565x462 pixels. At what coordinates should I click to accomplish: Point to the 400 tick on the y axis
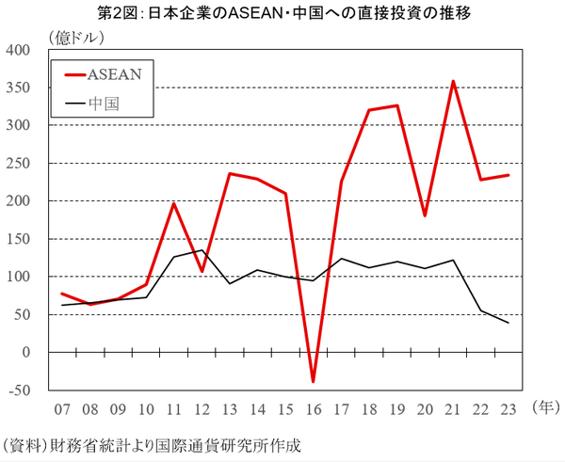point(19,50)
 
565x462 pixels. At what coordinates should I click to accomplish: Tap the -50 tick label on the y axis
point(19,390)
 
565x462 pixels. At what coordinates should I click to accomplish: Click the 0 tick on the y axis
point(26,353)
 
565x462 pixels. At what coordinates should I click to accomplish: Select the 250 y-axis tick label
point(19,164)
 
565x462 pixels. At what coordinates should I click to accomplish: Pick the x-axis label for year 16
point(312,410)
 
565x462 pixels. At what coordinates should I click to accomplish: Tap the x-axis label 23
point(508,410)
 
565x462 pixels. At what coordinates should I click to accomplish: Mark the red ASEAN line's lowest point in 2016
point(312,381)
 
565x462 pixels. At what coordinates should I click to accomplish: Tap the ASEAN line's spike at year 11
point(173,203)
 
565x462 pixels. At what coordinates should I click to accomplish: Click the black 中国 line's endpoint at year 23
point(508,323)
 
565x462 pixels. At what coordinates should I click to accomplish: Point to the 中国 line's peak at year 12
point(201,250)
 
